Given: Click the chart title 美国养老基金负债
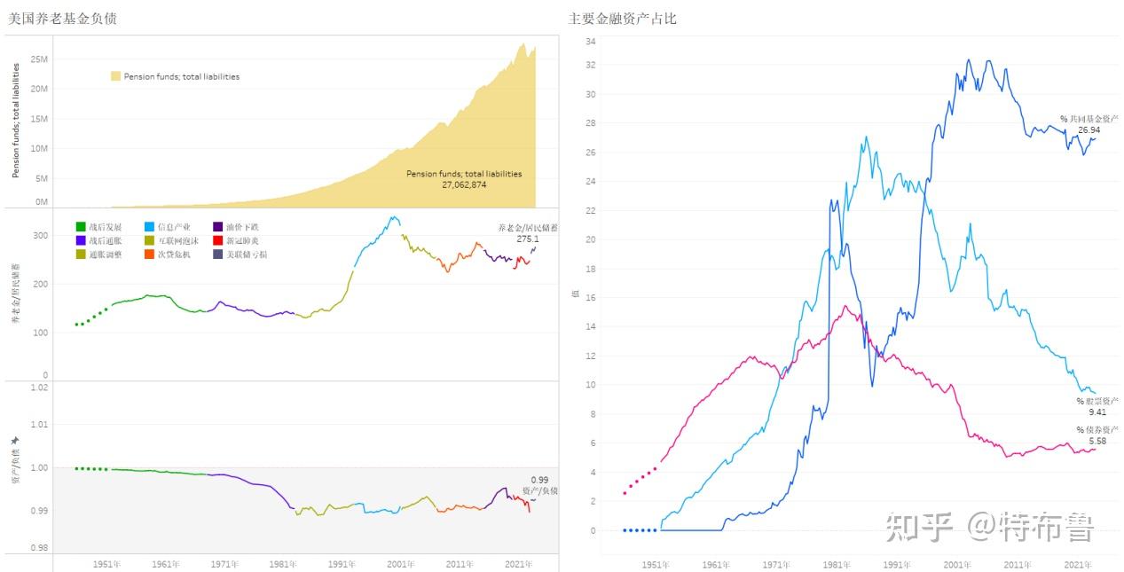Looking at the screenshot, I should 62,18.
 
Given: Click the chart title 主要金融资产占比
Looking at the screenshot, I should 622,18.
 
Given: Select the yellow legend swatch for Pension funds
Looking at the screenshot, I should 115,76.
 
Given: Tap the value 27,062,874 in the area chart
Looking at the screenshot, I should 464,184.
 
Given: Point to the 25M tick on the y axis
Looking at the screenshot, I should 38,59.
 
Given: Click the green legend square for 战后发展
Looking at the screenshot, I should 80,227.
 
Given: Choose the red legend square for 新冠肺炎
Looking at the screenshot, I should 218,240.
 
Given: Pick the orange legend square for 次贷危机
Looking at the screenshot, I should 149,255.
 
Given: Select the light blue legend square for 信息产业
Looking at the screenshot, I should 149,227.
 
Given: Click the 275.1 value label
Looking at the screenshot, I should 528,239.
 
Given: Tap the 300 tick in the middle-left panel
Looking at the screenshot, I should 40,236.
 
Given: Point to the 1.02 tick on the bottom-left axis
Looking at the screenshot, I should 38,387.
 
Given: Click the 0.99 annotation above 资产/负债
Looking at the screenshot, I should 539,480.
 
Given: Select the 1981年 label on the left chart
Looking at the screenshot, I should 283,564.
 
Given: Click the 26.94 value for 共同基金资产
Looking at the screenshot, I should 1089,129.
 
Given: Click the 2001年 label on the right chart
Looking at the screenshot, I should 957,564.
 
